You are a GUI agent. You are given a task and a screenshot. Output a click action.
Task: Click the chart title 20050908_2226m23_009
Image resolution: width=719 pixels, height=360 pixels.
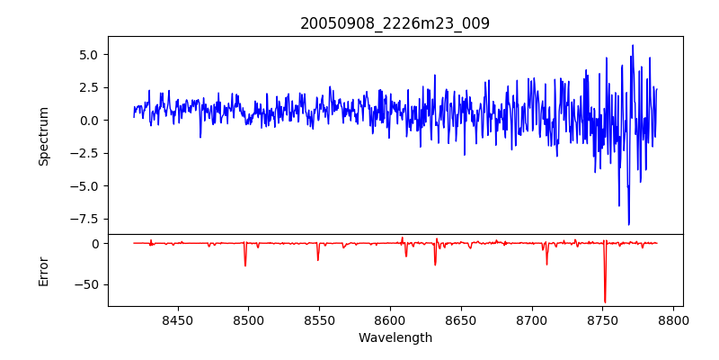395,23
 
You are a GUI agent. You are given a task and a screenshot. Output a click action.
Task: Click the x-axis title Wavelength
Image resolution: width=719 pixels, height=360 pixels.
395,338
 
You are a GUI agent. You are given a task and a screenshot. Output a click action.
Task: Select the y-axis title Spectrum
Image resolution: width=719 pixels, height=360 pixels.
43,137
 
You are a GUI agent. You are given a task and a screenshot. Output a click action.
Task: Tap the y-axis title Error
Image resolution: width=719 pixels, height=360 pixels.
43,273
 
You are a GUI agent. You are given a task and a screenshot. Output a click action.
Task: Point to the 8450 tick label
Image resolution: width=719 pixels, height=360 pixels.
177,319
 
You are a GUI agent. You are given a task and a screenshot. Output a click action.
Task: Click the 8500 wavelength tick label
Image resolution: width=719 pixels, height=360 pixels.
248,319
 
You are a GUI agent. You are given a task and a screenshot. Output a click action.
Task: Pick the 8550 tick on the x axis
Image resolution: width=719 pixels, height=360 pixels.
319,319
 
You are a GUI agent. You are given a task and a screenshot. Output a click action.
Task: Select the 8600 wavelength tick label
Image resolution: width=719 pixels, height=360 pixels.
390,319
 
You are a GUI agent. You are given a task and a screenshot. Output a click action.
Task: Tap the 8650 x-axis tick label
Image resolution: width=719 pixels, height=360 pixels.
461,319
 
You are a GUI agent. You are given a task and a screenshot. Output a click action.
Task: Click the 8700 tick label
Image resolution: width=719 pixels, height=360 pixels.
532,319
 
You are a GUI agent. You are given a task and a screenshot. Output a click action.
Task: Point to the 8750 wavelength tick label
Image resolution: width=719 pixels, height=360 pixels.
602,319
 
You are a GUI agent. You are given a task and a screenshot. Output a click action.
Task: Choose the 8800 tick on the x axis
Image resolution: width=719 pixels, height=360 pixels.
673,319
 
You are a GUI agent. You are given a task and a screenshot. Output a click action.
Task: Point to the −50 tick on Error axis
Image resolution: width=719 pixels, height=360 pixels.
88,284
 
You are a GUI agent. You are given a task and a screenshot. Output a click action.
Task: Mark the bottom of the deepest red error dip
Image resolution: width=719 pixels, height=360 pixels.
605,302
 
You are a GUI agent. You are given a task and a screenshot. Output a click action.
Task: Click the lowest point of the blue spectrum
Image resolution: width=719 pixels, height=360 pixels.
628,224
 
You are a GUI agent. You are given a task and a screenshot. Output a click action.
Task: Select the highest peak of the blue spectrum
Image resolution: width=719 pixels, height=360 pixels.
633,45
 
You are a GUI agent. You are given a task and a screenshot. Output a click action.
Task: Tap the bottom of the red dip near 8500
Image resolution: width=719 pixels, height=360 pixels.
245,265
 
